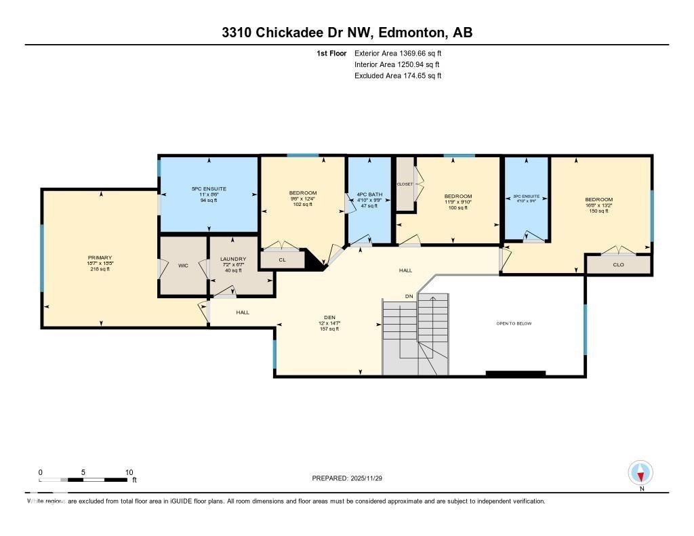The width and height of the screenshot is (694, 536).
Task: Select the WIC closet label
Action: [183, 266]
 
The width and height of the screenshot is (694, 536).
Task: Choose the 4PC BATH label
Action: [369, 194]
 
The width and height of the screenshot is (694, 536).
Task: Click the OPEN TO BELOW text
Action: [514, 323]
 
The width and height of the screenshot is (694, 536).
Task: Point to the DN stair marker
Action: [409, 297]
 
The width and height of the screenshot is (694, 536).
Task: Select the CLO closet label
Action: [618, 264]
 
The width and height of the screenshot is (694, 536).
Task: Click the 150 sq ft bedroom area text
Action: [598, 211]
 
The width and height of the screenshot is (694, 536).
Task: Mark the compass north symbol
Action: [640, 472]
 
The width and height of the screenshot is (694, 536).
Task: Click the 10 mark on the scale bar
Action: [129, 472]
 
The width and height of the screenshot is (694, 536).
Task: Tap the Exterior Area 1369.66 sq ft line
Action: [398, 53]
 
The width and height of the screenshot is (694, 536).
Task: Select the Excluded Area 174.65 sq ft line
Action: [398, 76]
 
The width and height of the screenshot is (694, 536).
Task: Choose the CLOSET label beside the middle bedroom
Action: [405, 184]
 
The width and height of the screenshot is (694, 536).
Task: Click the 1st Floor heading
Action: [331, 53]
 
